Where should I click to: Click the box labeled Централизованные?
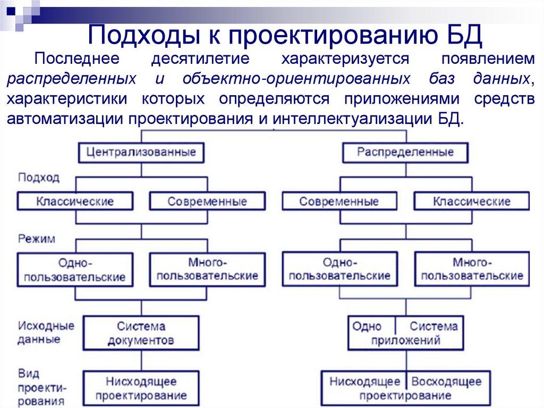[141, 153]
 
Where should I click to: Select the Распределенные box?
[405, 153]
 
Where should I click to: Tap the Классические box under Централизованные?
[75, 202]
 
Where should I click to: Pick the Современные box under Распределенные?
[339, 202]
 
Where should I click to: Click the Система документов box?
[141, 333]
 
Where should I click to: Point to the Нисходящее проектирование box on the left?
[141, 388]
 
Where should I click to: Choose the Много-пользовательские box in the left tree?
[207, 269]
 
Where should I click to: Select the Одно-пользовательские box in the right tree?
[339, 269]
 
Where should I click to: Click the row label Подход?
[39, 178]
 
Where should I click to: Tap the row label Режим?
[36, 239]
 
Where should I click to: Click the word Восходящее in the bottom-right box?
[446, 381]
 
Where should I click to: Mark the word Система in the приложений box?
[433, 326]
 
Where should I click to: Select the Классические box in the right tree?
[472, 202]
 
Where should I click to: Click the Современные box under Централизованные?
[207, 202]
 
